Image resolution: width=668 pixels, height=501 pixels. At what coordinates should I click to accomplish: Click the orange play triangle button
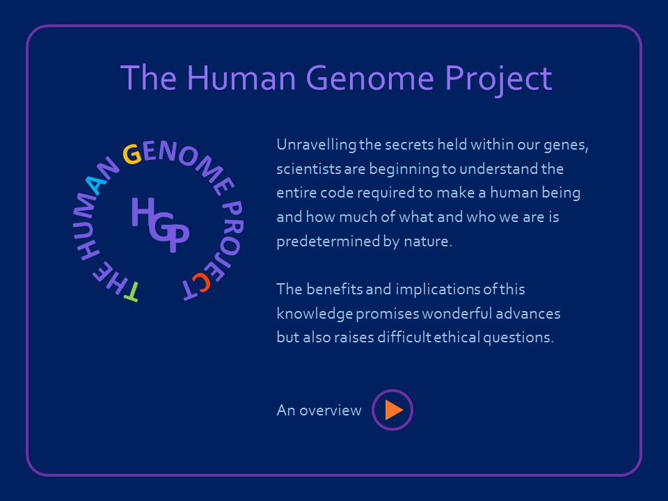click(393, 410)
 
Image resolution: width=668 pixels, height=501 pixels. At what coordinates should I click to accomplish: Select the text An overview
click(319, 410)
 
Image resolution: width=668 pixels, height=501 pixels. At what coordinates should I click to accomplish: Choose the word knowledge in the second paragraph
click(315, 314)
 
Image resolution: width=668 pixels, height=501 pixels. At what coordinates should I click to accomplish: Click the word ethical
click(458, 337)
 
